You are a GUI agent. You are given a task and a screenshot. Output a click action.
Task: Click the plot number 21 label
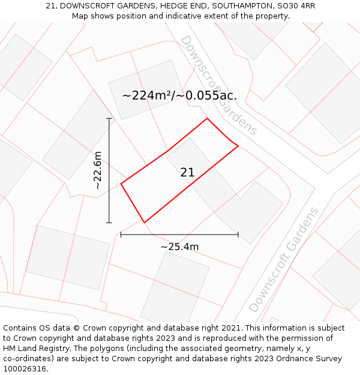point(187,173)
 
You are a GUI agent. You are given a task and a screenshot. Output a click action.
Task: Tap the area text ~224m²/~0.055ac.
point(179,95)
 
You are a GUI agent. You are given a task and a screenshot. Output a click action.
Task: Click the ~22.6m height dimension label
point(98,170)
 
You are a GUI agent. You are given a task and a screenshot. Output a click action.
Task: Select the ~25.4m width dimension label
point(179,247)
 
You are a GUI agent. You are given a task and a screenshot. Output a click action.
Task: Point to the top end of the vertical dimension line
point(109,119)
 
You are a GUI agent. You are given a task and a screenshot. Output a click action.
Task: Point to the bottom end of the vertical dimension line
point(109,223)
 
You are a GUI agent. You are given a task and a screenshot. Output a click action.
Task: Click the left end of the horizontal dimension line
point(121,234)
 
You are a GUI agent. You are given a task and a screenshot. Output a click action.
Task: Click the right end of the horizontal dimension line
point(238,234)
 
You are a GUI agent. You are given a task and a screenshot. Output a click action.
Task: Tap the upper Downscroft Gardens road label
point(218,85)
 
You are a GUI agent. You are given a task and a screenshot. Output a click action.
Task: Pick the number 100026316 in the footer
point(25,368)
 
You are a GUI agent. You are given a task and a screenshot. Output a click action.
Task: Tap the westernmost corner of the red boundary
point(121,184)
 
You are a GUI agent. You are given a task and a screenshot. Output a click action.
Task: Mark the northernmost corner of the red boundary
point(207,118)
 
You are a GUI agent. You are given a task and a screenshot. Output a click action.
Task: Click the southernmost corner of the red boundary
point(145,222)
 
